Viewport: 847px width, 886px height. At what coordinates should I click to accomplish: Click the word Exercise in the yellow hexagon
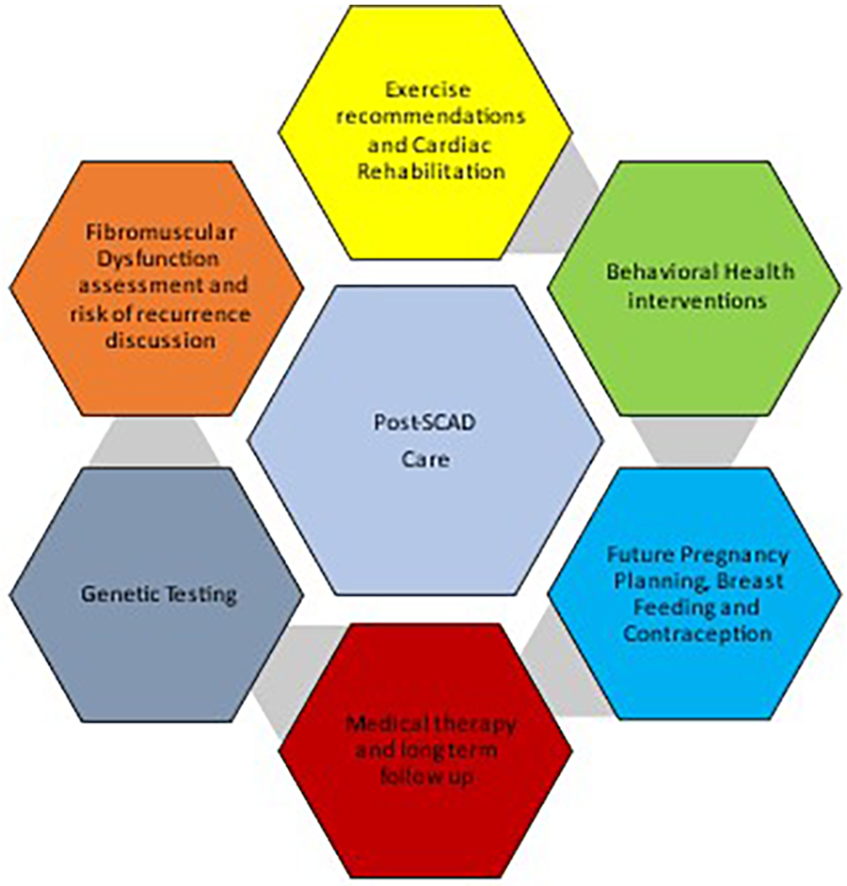pyautogui.click(x=426, y=91)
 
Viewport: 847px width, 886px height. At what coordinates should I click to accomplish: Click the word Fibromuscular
pyautogui.click(x=156, y=231)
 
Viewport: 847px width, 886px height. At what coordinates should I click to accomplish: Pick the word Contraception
pyautogui.click(x=697, y=633)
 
